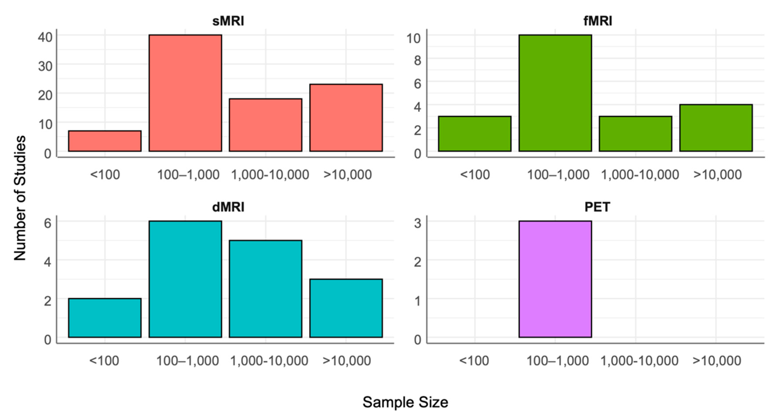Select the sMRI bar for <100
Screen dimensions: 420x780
105,141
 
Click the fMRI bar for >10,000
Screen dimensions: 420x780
716,128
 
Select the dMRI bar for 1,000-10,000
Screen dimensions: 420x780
265,289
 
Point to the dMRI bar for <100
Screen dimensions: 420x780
105,318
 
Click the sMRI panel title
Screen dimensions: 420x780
228,21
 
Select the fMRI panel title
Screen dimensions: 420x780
598,21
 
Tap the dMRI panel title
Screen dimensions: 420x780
228,207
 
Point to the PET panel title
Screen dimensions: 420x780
597,207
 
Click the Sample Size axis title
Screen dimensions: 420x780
405,402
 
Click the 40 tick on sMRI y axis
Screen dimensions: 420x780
45,37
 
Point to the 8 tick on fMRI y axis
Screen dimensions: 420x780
417,60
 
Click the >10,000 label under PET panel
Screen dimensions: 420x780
717,361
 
